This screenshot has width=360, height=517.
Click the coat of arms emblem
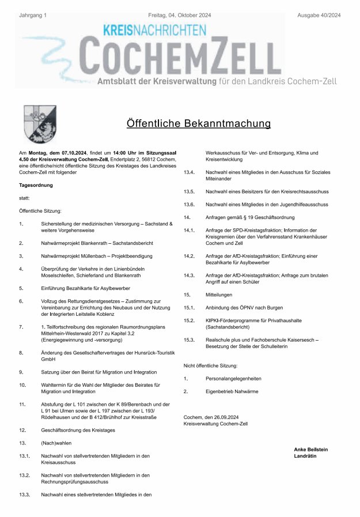(39, 123)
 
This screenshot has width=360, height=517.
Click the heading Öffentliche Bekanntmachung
(199, 123)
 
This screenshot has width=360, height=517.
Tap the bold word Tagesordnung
(36, 185)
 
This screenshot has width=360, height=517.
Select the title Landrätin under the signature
(305, 456)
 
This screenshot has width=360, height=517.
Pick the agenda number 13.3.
(24, 494)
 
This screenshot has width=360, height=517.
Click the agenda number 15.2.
(189, 320)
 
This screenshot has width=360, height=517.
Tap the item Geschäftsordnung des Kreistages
(78, 430)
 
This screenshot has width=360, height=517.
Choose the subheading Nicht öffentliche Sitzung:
(210, 366)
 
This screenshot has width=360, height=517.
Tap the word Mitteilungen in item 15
(222, 295)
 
